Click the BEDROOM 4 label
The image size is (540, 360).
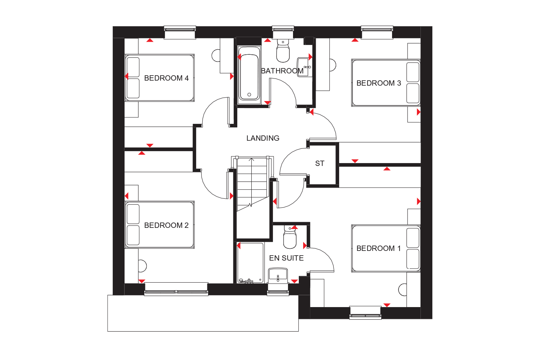point(166,78)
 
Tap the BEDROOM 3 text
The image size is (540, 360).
point(379,83)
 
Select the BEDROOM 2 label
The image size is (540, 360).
point(166,225)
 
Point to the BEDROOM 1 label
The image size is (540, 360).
point(379,248)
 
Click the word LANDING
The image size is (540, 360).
point(263,138)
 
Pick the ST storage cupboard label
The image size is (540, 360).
point(320,163)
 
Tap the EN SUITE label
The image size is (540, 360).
point(287,258)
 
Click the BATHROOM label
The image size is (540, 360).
point(282,71)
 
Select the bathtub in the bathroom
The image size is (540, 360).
point(249,75)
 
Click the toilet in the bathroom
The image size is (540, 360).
point(283,51)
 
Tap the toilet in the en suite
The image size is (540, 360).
point(289,237)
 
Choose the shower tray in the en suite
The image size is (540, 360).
point(250,263)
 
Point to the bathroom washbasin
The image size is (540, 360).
point(305,67)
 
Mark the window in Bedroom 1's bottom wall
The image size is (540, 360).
point(365,313)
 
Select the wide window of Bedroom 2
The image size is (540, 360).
point(176,289)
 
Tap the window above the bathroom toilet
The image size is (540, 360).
point(283,32)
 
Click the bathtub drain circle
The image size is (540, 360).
point(249,95)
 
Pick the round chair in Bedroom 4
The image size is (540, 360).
point(216,55)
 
